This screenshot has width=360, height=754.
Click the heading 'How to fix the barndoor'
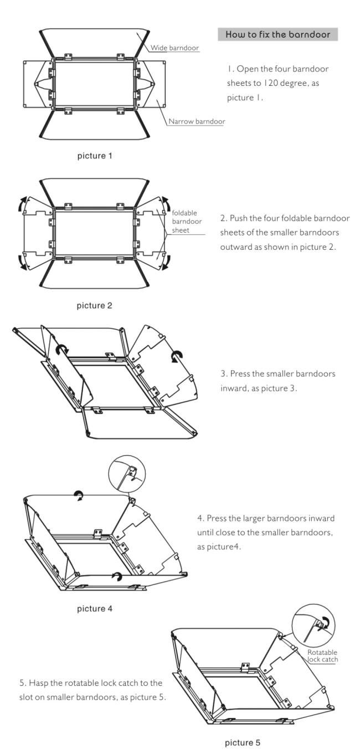277,34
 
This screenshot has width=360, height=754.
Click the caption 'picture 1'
94,156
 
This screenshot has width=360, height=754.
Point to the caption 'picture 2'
94,305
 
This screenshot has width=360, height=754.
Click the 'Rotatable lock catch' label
322,655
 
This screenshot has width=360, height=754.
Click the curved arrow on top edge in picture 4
79,497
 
